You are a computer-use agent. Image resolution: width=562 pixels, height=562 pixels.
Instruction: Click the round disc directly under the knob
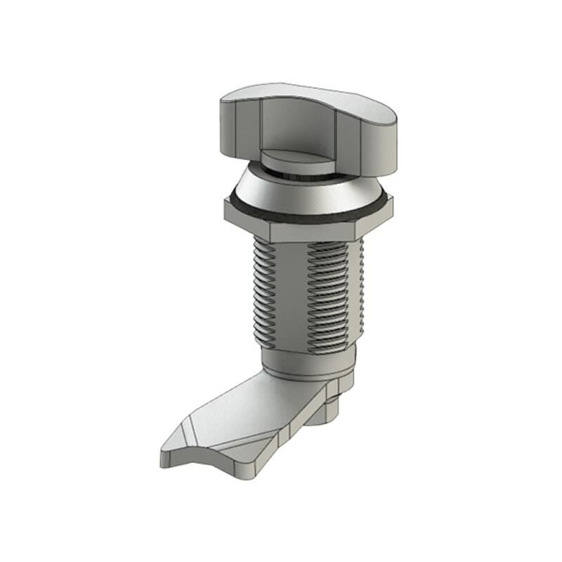coord(299,162)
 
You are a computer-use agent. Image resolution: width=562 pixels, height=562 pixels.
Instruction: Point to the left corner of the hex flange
coord(226,209)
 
